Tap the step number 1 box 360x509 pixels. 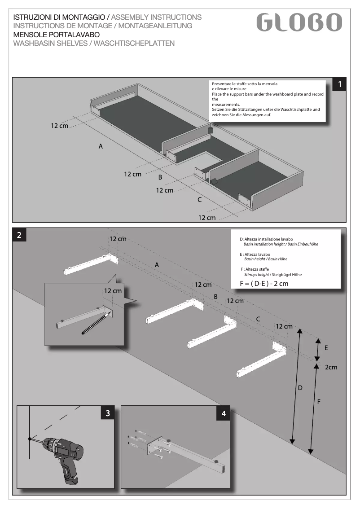click(341, 84)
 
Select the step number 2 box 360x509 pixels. click(19, 235)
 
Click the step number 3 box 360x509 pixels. click(107, 413)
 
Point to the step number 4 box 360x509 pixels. click(224, 413)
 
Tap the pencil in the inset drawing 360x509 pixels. click(96, 323)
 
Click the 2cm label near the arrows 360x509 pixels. click(331, 367)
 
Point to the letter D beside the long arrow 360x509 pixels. click(300, 387)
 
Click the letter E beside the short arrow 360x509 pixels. click(326, 348)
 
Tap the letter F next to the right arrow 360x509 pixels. click(319, 402)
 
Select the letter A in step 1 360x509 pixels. click(101, 146)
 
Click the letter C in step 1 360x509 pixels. click(199, 200)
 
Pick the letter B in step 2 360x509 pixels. click(215, 297)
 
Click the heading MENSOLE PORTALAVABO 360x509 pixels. click(57, 35)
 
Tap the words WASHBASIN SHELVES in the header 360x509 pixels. click(51, 44)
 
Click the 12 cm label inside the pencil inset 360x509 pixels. click(113, 291)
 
